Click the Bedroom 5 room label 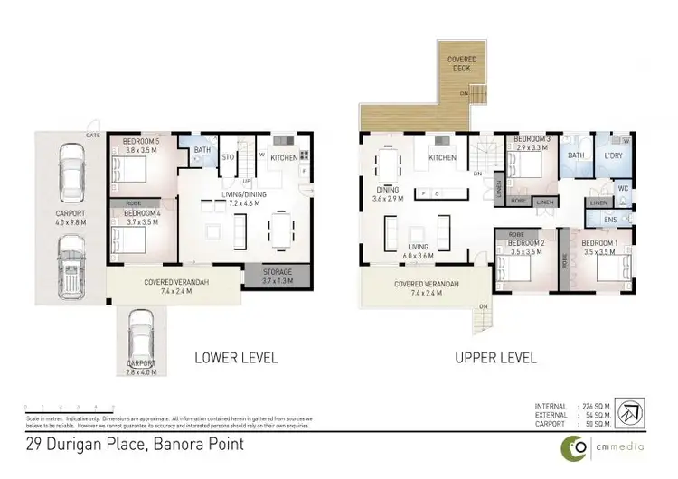pos(141,142)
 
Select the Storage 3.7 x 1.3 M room pos(278,275)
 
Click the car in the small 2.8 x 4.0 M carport pos(141,338)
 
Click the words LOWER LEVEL pos(237,358)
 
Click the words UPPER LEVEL pos(495,358)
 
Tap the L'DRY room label pos(617,155)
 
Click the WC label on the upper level pos(622,189)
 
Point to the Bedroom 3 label pos(532,138)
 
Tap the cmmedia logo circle pos(575,446)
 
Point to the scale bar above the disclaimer pos(68,408)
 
